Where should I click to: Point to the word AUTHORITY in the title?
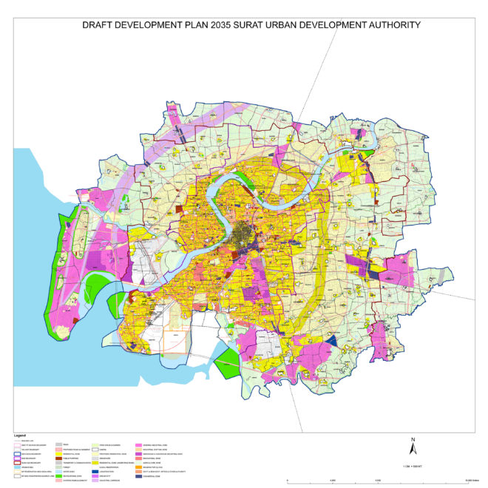pyautogui.click(x=390, y=25)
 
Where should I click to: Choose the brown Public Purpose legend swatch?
pyautogui.click(x=59, y=458)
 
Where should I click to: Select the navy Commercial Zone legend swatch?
pyautogui.click(x=138, y=476)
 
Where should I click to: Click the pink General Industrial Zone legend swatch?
pyautogui.click(x=138, y=445)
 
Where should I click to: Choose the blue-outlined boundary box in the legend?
pyautogui.click(x=17, y=454)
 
